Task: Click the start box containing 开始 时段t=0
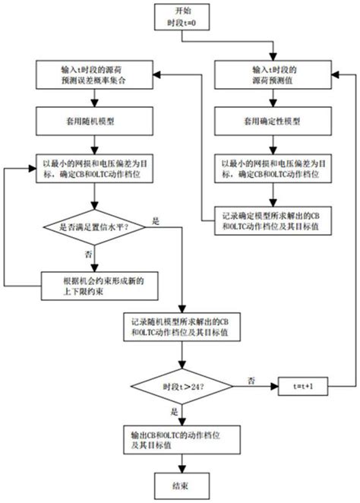click(x=181, y=17)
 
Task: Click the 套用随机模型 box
click(x=93, y=121)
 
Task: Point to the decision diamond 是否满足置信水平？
click(x=93, y=226)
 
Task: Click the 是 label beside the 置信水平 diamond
click(x=156, y=220)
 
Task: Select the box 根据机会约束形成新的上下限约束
click(x=93, y=283)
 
